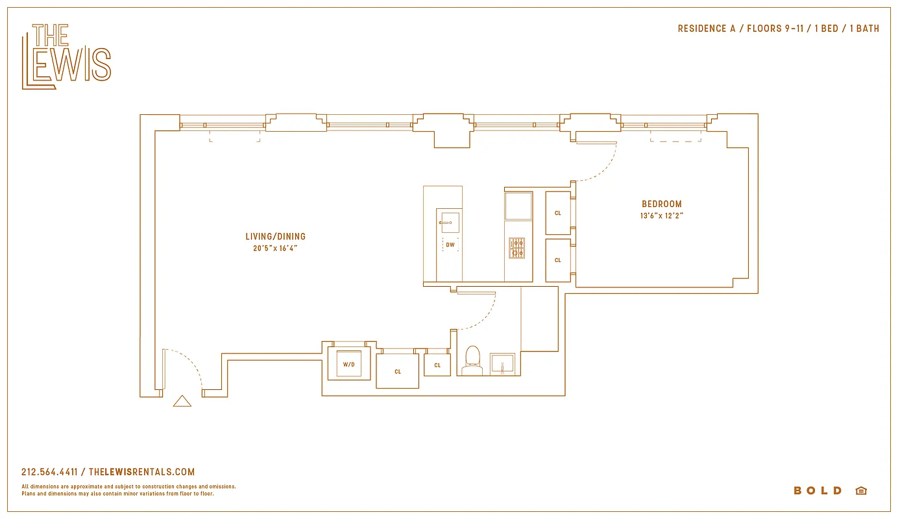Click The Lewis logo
66,56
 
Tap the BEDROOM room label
662,204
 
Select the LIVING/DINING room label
275,237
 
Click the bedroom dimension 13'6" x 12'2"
662,216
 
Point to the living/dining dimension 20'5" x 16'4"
275,248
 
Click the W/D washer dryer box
349,364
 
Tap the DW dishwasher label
450,245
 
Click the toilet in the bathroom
472,361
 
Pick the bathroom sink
502,364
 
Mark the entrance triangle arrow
182,402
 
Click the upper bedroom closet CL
558,213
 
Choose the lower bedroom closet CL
558,260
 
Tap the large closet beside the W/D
398,370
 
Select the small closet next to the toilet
437,365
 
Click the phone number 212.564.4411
49,472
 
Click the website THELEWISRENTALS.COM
141,472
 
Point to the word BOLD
818,490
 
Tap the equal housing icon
861,490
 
